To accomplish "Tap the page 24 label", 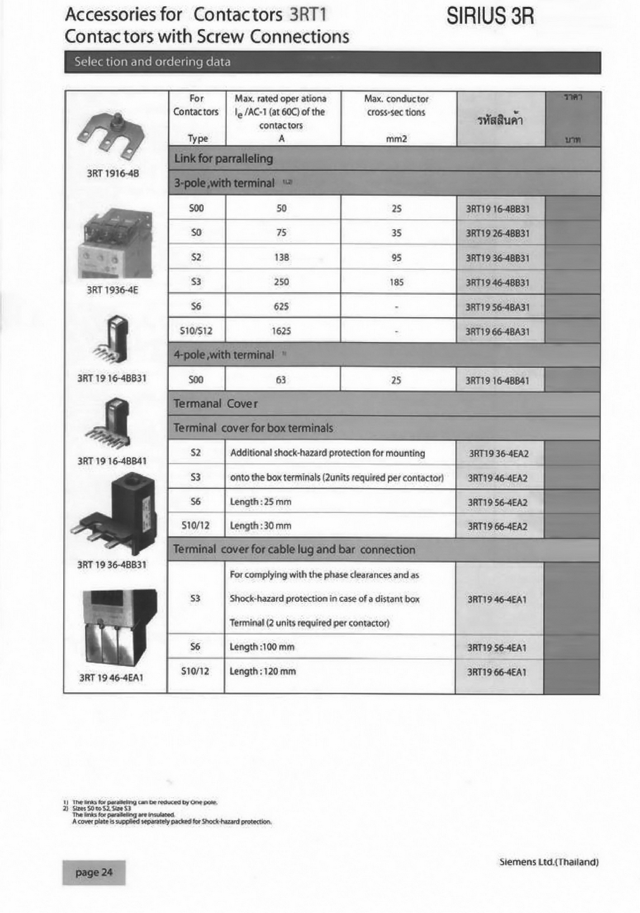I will (94, 873).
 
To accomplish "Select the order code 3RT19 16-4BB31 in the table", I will (498, 209).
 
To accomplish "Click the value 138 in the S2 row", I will (282, 258).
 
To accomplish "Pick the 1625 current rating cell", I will (282, 331).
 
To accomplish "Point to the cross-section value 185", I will (396, 282).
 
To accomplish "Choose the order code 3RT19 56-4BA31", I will (498, 307).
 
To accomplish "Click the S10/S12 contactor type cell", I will (196, 331).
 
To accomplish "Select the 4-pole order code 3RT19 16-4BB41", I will (497, 380).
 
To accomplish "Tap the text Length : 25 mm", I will (261, 502).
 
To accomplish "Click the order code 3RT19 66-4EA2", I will (498, 526).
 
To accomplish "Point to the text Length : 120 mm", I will (263, 671).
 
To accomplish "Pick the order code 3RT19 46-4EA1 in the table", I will (497, 599).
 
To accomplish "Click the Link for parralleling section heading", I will (223, 159).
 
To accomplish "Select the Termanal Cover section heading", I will (216, 404).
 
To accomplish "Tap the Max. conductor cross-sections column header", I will (396, 106).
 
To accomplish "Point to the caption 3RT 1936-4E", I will (112, 290).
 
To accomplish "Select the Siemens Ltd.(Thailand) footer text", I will (549, 862).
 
